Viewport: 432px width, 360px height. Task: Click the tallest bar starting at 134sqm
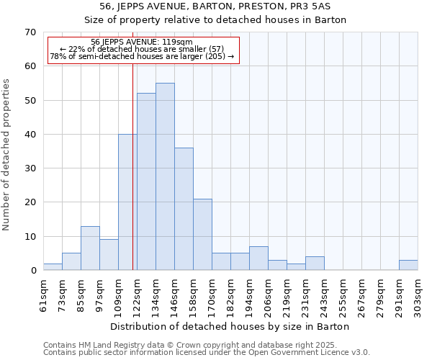pos(165,176)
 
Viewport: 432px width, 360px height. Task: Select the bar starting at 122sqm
pos(146,181)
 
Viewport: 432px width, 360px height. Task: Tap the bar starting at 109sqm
pos(127,202)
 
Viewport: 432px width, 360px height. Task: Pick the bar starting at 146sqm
pos(184,209)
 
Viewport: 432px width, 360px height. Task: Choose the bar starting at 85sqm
pos(90,248)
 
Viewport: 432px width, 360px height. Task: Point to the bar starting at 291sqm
pos(408,265)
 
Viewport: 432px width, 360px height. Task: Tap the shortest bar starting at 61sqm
pos(53,267)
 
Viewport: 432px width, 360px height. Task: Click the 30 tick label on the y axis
pos(30,168)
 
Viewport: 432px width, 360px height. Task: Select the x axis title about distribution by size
pos(230,326)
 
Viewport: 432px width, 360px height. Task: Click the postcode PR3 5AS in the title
pos(314,6)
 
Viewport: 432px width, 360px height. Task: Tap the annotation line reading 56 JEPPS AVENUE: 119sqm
pos(142,42)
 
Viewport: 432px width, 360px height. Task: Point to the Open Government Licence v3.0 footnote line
pos(207,353)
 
